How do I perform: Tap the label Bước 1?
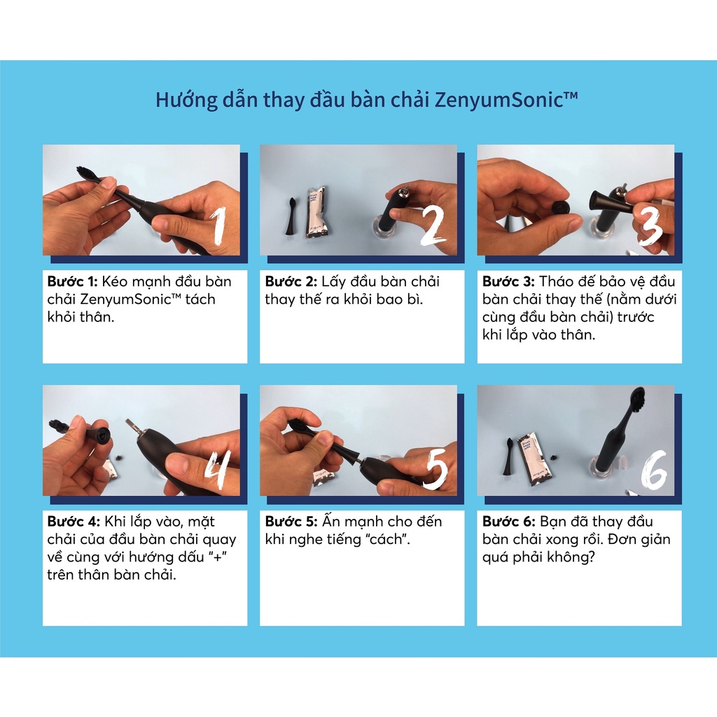pos(72,281)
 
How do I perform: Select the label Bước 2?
pos(291,281)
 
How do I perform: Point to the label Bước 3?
pos(508,281)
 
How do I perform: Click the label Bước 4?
pos(73,521)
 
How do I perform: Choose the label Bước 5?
pos(291,521)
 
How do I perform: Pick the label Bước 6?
pos(508,521)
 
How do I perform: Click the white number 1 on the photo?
pos(219,225)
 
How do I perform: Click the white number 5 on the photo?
pos(436,467)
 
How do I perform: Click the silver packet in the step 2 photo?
pos(316,212)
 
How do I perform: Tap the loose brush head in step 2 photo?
pos(291,216)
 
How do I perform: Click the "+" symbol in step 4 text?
pos(217,557)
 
